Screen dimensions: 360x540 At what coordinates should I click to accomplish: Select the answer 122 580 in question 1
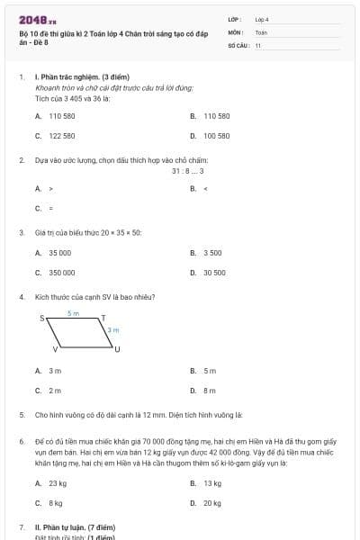click(x=61, y=135)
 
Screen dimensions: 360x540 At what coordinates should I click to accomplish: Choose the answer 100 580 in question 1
click(x=216, y=135)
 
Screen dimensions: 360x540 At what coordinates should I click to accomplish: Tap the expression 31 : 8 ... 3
click(x=188, y=170)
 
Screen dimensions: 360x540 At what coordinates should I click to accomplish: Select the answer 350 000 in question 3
click(x=61, y=272)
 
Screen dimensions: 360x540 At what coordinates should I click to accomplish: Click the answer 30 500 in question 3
click(x=214, y=272)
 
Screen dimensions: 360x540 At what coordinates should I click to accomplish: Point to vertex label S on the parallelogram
click(x=41, y=319)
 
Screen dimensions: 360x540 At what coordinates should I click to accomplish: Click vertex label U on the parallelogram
click(x=117, y=348)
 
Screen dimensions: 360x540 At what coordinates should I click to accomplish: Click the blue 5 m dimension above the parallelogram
click(x=74, y=312)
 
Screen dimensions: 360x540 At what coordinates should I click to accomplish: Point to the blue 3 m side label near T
click(x=112, y=330)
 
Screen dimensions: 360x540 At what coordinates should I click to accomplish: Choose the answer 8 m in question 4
click(x=210, y=390)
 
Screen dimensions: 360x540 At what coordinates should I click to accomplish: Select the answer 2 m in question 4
click(x=55, y=390)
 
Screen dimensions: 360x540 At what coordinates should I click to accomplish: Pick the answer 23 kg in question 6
click(x=58, y=483)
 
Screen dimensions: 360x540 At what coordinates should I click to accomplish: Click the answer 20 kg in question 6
click(x=212, y=503)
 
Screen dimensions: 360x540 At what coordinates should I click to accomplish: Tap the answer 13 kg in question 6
click(x=212, y=483)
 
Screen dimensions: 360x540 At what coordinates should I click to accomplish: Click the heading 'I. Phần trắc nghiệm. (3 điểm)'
click(x=76, y=77)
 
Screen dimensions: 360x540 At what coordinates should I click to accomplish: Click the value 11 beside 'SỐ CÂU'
click(x=257, y=44)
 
